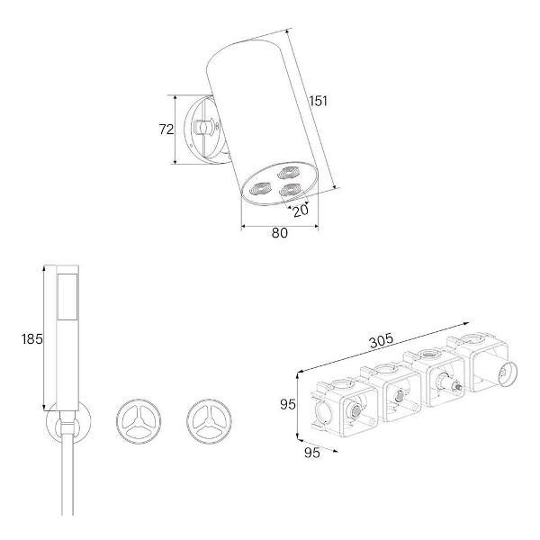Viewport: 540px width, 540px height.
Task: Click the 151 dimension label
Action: pyautogui.click(x=318, y=101)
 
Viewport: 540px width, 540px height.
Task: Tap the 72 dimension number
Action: pyautogui.click(x=166, y=130)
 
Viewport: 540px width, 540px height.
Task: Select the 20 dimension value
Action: pyautogui.click(x=301, y=211)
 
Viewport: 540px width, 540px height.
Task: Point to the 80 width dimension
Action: pyautogui.click(x=279, y=233)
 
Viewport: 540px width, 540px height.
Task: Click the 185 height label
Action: pyautogui.click(x=32, y=339)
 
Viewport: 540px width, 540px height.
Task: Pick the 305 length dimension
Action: pyautogui.click(x=381, y=340)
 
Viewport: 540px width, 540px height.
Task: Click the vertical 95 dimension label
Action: pyautogui.click(x=288, y=404)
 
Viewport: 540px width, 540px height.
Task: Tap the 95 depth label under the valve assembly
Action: pyautogui.click(x=312, y=453)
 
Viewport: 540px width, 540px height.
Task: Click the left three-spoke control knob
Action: pyautogui.click(x=139, y=421)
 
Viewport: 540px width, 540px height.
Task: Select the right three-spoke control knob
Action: pyautogui.click(x=209, y=421)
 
